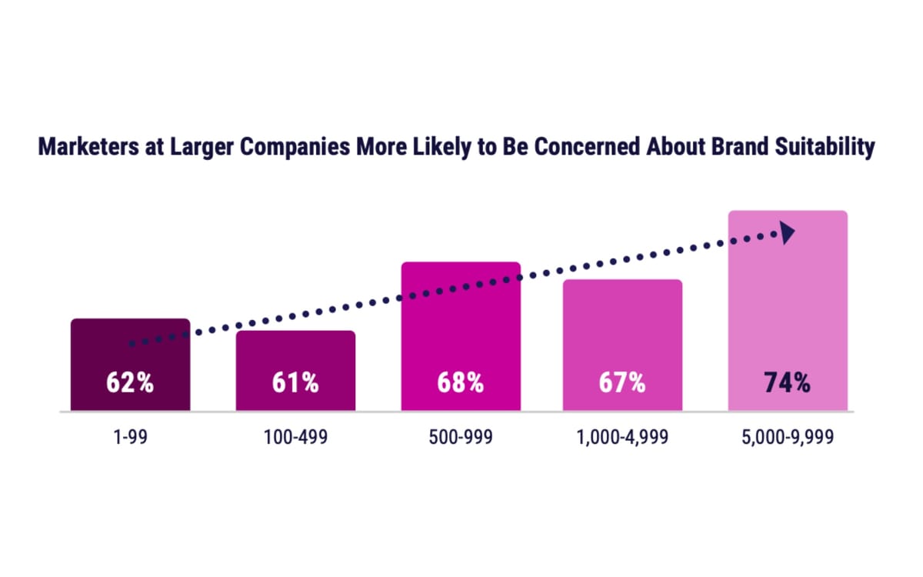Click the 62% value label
(130, 383)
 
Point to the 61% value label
(295, 383)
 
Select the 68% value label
(461, 383)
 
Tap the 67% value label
(622, 383)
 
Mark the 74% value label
(788, 383)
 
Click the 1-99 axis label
(130, 438)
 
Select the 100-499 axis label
(295, 438)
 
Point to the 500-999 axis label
(461, 438)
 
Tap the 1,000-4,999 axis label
(622, 438)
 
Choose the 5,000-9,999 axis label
(788, 438)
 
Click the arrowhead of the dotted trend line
(788, 233)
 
